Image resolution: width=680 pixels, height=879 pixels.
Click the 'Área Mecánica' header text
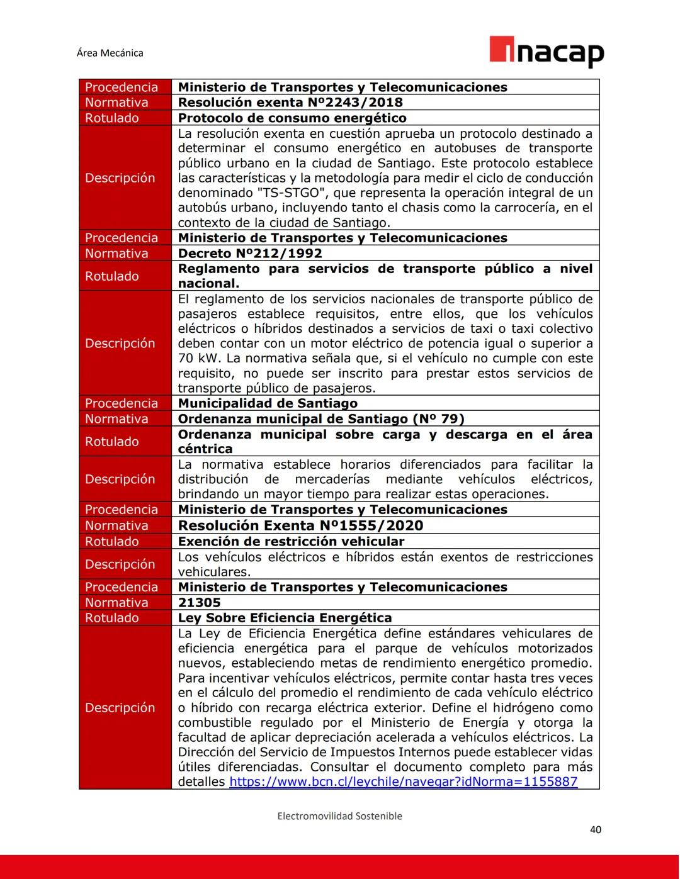pos(110,53)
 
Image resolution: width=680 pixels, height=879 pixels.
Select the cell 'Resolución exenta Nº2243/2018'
pos(290,103)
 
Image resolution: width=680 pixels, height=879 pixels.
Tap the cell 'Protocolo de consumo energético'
pos(292,118)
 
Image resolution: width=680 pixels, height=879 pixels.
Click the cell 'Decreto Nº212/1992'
pos(250,253)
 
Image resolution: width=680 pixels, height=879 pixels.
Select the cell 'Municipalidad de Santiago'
pos(268,403)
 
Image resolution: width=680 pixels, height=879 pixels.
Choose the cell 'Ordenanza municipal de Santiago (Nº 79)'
pos(321,418)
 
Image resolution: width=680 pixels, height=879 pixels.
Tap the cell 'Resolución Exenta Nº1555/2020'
pos(300,525)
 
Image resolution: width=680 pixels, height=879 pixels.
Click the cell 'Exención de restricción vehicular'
pos(291,541)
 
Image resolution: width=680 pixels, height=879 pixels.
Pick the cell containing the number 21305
pos(199,602)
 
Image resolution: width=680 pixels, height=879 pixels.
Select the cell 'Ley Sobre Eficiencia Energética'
pos(285,618)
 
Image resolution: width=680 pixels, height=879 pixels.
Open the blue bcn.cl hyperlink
pos(403,782)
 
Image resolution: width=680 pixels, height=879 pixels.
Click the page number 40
pos(595,829)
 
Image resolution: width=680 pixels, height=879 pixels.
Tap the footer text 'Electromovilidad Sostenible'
pos(339,816)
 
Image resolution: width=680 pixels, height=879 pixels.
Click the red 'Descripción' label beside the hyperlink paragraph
pos(120,708)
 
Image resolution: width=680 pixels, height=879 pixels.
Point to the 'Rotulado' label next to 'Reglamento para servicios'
pos(111,276)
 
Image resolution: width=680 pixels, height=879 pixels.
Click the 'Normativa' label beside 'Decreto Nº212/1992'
pos(116,253)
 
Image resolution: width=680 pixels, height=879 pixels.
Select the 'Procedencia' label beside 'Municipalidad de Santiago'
pos(121,403)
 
